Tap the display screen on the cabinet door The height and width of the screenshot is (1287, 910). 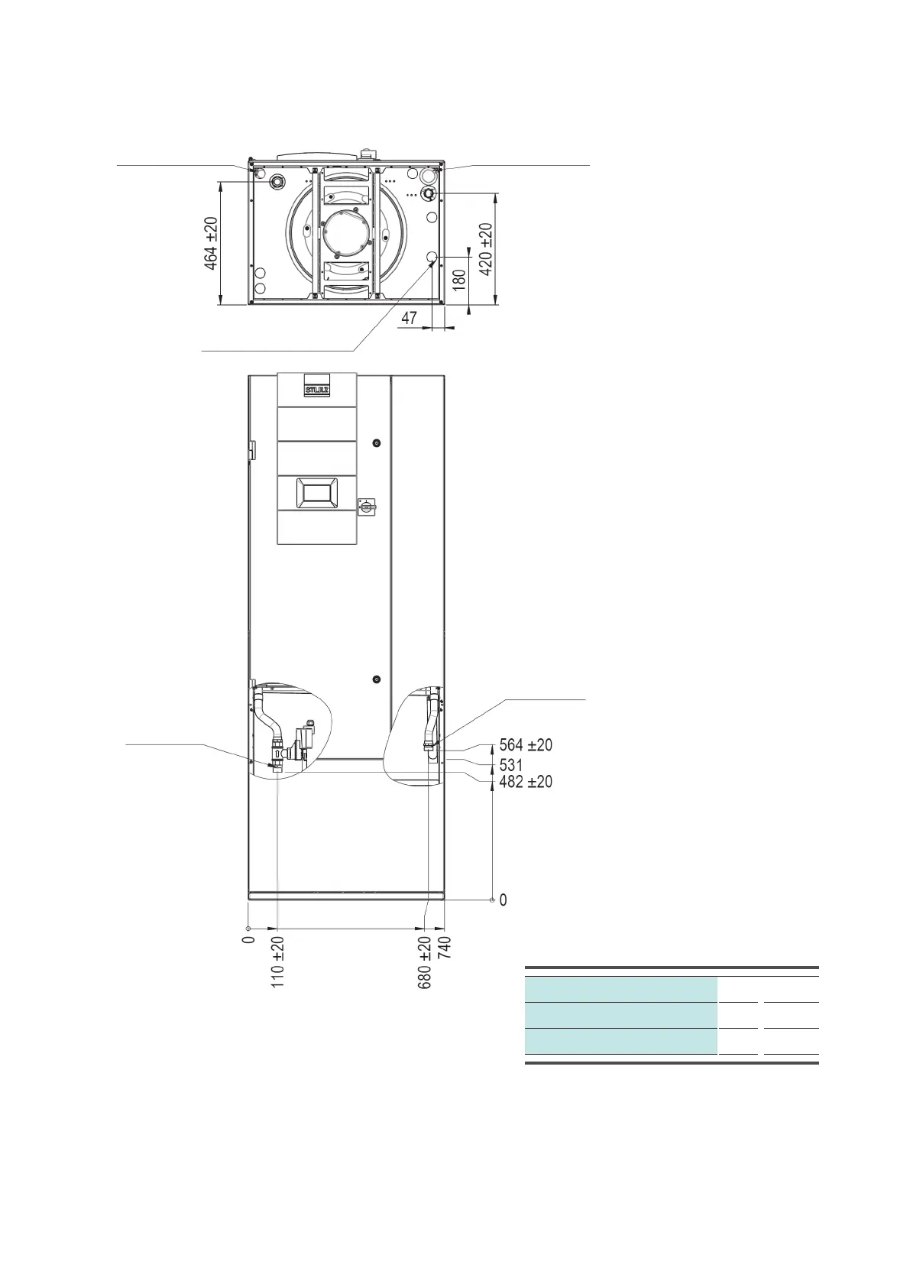click(x=317, y=493)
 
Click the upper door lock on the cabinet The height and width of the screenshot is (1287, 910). click(x=376, y=443)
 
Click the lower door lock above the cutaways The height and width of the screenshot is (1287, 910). click(x=376, y=679)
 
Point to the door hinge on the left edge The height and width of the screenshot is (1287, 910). click(x=251, y=449)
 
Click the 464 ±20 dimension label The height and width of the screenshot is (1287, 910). click(x=211, y=244)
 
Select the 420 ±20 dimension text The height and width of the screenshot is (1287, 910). click(x=485, y=249)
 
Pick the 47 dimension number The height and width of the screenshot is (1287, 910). click(x=409, y=318)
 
